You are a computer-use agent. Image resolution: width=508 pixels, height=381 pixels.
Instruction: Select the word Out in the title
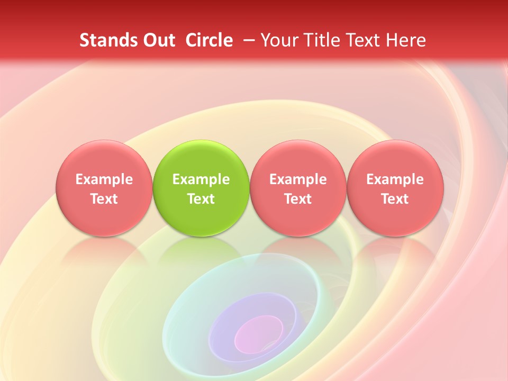pos(158,40)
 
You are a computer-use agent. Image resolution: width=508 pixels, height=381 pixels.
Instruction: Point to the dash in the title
pos(247,40)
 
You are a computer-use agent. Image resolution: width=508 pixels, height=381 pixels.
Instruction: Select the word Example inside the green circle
pos(201,179)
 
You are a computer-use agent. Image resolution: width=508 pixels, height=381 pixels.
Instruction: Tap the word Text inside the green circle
pos(201,199)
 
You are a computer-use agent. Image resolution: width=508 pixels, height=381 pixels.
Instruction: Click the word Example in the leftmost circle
pos(104,179)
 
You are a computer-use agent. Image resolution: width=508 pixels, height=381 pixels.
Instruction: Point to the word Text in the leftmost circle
pos(104,199)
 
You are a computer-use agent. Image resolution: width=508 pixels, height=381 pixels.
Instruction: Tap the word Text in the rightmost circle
pos(395,199)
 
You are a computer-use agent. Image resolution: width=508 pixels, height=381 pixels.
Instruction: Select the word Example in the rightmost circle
pos(395,179)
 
